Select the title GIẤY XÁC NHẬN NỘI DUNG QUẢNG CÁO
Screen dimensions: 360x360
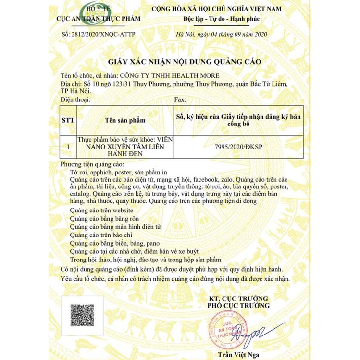(180, 62)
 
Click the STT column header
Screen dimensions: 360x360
(68, 120)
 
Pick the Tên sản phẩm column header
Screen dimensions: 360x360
(125, 120)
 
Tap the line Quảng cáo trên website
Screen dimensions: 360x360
(101, 211)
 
